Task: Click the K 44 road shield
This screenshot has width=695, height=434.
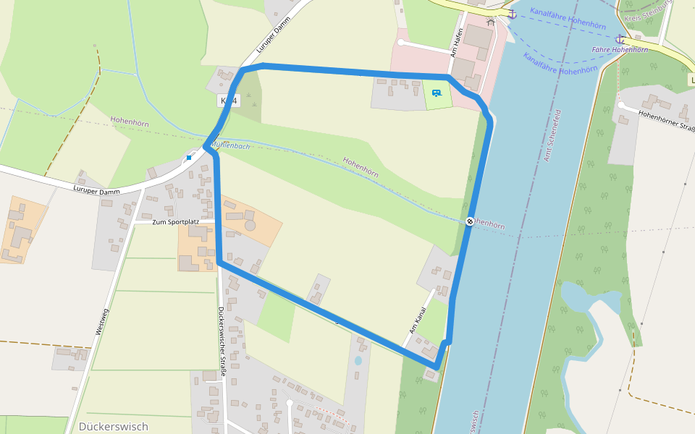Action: (227, 101)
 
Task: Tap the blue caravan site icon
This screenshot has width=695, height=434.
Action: (437, 93)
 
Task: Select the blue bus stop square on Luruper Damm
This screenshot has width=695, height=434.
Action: (189, 157)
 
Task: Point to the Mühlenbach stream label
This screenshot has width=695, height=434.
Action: (230, 145)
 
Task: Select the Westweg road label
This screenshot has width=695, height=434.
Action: (101, 322)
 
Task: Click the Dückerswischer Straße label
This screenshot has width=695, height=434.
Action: (223, 341)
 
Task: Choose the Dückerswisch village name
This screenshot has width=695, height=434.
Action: (114, 427)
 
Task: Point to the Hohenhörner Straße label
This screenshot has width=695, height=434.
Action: (667, 120)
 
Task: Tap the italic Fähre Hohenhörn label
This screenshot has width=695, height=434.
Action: (620, 50)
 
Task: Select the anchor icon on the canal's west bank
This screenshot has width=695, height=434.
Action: (512, 14)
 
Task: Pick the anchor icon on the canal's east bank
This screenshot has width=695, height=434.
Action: (620, 38)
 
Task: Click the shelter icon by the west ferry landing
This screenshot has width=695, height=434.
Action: (491, 22)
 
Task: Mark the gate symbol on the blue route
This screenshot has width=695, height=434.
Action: (470, 221)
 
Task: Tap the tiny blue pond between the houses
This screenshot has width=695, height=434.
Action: (358, 360)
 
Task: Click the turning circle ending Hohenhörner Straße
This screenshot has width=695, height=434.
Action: (621, 105)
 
